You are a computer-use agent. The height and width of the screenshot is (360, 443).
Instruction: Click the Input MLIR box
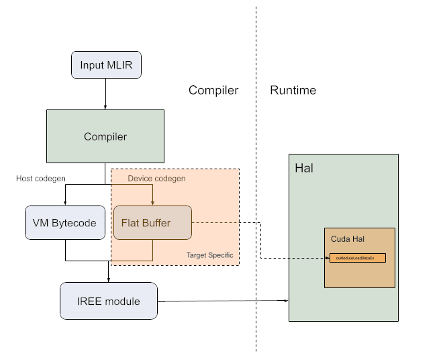coord(106,65)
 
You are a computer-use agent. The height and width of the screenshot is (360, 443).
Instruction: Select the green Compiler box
coord(105,136)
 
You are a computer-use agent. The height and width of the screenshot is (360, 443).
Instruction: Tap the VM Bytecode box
coord(64,223)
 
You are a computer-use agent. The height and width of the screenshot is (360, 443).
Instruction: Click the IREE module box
coord(109,301)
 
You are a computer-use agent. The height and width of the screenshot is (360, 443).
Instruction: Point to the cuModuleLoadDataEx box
coord(357,258)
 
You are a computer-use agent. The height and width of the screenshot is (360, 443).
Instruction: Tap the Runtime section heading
coord(293,91)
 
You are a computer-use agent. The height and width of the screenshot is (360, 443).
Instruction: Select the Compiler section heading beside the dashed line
coord(213,91)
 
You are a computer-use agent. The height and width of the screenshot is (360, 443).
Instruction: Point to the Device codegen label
coord(156,178)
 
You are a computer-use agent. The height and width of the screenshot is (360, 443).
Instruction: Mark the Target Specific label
coord(211,255)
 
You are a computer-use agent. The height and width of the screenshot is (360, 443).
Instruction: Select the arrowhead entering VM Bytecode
coord(65,202)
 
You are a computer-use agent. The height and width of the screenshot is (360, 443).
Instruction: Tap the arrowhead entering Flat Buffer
coord(152,202)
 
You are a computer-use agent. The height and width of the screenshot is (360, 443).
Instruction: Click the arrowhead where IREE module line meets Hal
coord(285,301)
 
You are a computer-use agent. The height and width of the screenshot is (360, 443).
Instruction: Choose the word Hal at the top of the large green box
coord(304,167)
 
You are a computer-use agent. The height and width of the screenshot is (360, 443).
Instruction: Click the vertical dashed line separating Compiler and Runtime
coord(256,201)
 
